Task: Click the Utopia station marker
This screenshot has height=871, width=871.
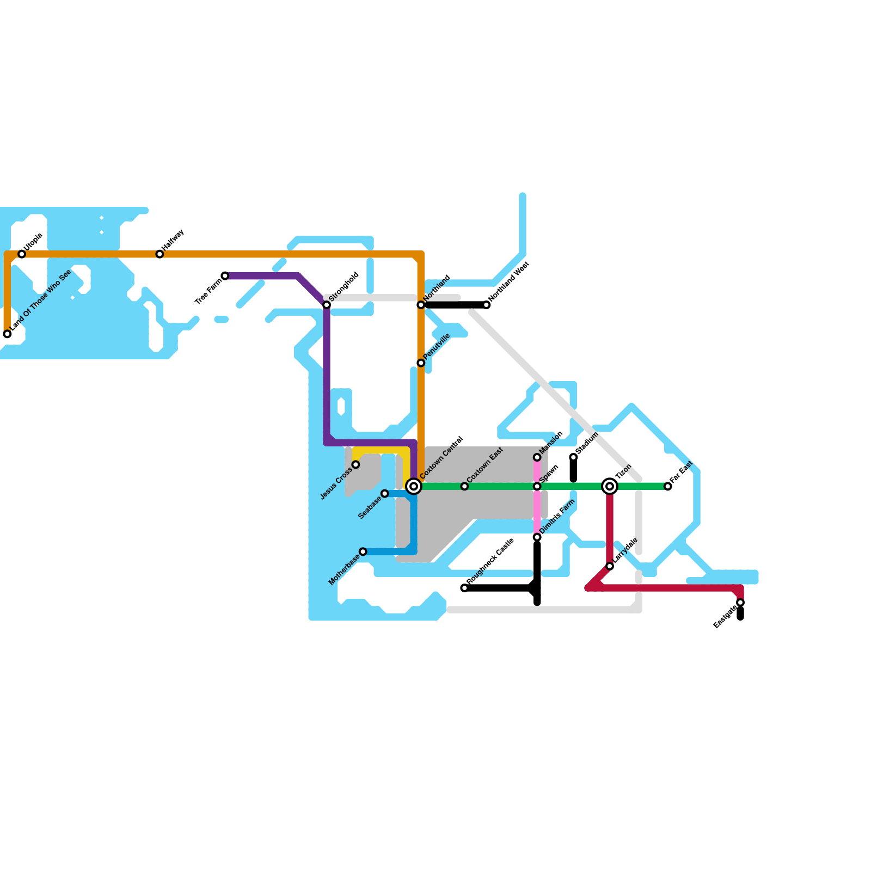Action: pyautogui.click(x=22, y=254)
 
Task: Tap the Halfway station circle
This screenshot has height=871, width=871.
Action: pyautogui.click(x=160, y=254)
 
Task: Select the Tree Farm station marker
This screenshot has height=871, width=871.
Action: pyautogui.click(x=225, y=276)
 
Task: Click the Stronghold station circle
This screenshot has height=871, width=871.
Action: pyautogui.click(x=327, y=305)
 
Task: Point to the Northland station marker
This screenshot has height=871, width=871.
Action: pyautogui.click(x=421, y=305)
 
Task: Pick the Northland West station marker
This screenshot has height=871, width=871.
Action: pyautogui.click(x=487, y=305)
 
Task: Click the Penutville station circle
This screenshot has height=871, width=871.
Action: pyautogui.click(x=421, y=363)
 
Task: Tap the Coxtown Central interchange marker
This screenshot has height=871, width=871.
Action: pyautogui.click(x=414, y=486)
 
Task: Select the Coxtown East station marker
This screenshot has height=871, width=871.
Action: pyautogui.click(x=464, y=486)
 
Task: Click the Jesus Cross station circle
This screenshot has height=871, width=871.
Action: pyautogui.click(x=355, y=464)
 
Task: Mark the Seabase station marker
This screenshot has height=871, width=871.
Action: pyautogui.click(x=385, y=494)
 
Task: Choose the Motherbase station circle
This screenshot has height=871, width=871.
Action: pyautogui.click(x=363, y=552)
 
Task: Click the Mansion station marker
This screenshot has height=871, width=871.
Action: pyautogui.click(x=537, y=457)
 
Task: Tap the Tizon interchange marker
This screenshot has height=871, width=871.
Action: pyautogui.click(x=610, y=486)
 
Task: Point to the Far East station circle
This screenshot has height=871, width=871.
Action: pyautogui.click(x=668, y=486)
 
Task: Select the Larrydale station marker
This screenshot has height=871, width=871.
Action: pyautogui.click(x=610, y=566)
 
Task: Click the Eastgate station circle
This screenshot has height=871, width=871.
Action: pyautogui.click(x=740, y=603)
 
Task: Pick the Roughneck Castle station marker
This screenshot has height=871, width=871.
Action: pyautogui.click(x=464, y=588)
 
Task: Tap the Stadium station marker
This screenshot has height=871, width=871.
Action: pyautogui.click(x=573, y=457)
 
